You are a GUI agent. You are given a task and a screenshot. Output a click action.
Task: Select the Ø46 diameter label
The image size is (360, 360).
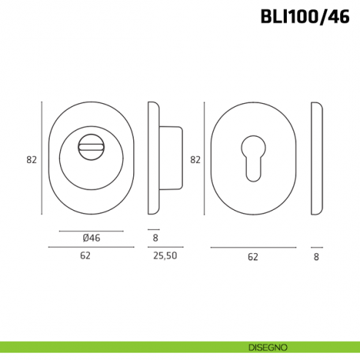91,238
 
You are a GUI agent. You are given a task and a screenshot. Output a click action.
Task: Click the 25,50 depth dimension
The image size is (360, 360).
165,256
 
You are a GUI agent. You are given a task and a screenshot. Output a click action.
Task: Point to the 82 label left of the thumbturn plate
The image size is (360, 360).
31,159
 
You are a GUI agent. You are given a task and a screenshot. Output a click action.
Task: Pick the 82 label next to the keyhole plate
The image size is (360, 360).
195,159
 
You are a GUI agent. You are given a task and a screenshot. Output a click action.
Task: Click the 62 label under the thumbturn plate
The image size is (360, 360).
85,256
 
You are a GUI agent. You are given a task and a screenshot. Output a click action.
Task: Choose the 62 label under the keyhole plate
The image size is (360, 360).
252,257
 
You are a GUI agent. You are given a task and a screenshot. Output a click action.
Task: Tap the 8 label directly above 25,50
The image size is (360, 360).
155,238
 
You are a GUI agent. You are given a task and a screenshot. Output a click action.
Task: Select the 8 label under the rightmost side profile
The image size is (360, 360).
316,257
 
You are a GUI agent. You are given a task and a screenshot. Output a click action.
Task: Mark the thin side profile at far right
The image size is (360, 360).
316,159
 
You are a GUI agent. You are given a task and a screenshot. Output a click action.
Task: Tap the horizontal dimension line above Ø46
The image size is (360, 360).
91,230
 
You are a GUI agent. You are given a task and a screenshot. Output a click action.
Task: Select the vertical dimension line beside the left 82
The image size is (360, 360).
42,159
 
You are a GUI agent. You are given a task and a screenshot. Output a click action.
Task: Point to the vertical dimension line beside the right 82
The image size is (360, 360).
206,159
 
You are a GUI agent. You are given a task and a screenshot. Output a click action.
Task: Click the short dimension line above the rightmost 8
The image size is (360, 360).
316,247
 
